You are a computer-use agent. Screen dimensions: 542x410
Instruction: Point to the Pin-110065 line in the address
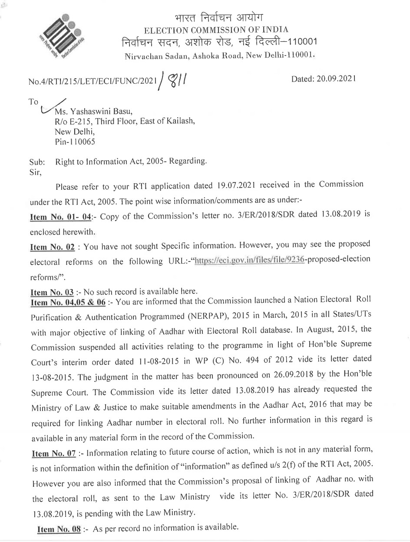[x=75, y=141]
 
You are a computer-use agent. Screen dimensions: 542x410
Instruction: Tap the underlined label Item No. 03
[x=51, y=292]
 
